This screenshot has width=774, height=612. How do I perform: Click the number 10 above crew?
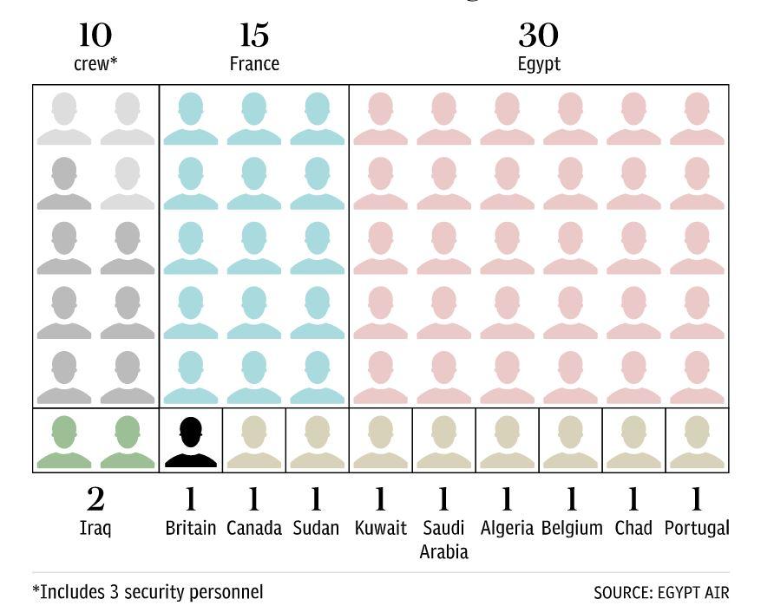pyautogui.click(x=95, y=36)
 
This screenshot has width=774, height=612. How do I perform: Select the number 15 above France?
pyautogui.click(x=254, y=36)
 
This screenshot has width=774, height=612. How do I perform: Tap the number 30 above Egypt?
pyautogui.click(x=539, y=36)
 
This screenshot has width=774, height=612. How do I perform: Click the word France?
pyautogui.click(x=254, y=64)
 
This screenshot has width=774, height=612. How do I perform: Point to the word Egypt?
pyautogui.click(x=539, y=64)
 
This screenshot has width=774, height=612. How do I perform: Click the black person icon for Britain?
pyautogui.click(x=191, y=442)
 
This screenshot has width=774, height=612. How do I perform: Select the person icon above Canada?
pyautogui.click(x=254, y=442)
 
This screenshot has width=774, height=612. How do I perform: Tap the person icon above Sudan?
pyautogui.click(x=317, y=442)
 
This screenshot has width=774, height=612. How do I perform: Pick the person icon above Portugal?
pyautogui.click(x=697, y=442)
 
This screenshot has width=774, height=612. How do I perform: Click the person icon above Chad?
pyautogui.click(x=633, y=442)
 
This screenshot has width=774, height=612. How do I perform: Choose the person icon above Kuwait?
pyautogui.click(x=380, y=442)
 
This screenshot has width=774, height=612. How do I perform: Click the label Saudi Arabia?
pyautogui.click(x=443, y=539)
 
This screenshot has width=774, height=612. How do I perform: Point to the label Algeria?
pyautogui.click(x=507, y=528)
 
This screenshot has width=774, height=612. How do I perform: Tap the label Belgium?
pyautogui.click(x=571, y=528)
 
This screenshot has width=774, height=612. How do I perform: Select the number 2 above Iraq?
pyautogui.click(x=95, y=499)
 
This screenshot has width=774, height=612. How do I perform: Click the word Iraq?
pyautogui.click(x=95, y=528)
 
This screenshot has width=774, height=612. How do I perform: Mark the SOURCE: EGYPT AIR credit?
pyautogui.click(x=661, y=593)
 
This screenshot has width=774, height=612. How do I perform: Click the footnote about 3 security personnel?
pyautogui.click(x=148, y=592)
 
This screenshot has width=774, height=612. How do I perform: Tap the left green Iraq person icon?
pyautogui.click(x=64, y=442)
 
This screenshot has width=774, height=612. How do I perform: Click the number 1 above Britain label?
pyautogui.click(x=191, y=499)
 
